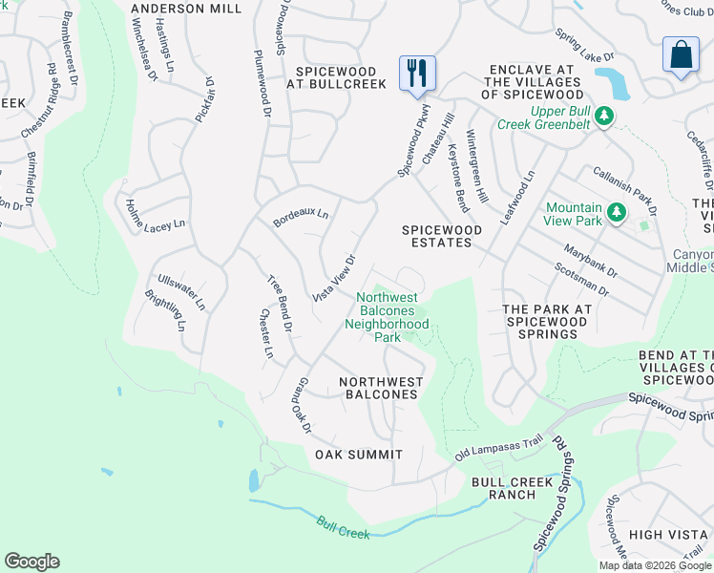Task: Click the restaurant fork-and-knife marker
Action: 417,74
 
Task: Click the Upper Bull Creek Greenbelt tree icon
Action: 603,117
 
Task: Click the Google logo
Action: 31,562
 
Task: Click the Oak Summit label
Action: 359,455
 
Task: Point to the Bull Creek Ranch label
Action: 512,488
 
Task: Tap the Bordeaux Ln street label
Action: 301,216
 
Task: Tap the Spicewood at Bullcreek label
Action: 341,77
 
